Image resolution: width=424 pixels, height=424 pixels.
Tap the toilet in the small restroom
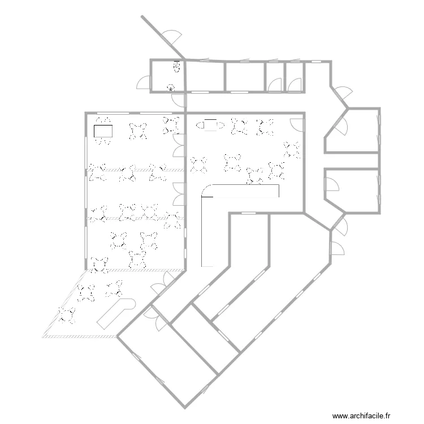pyautogui.click(x=177, y=67)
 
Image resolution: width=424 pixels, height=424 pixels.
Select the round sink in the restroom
pyautogui.click(x=171, y=88)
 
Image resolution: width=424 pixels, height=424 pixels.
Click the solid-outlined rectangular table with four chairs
pyautogui.click(x=103, y=131)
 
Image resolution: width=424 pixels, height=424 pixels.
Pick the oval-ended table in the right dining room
pyautogui.click(x=210, y=125)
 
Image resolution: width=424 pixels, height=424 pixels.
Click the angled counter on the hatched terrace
pyautogui.click(x=116, y=314)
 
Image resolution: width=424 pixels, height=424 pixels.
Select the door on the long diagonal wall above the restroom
pyautogui.click(x=171, y=38)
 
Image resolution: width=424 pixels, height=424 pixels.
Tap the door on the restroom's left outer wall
pyautogui.click(x=144, y=82)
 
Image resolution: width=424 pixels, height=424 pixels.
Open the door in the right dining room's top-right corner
pyautogui.click(x=297, y=125)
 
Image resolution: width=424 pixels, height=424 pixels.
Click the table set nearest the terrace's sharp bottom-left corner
pyautogui.click(x=67, y=315)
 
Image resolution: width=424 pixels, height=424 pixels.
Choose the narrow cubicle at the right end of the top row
pyautogui.click(x=295, y=76)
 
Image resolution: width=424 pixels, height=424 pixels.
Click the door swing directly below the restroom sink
pyautogui.click(x=178, y=100)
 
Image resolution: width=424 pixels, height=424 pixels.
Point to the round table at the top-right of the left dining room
pyautogui.click(x=171, y=126)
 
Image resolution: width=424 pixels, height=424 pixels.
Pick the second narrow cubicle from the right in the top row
pyautogui.click(x=275, y=76)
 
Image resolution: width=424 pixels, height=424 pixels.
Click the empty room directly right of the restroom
pyautogui.click(x=205, y=77)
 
